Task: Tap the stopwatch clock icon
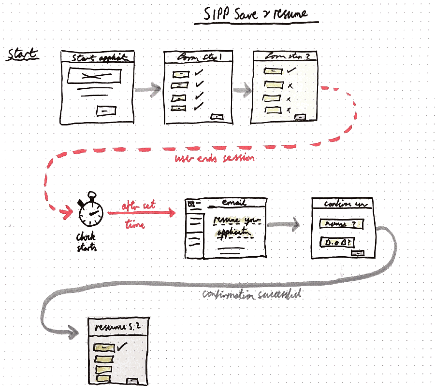[90, 213]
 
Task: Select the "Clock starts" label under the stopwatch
[87, 241]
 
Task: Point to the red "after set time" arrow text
[138, 214]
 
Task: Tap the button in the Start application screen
[107, 110]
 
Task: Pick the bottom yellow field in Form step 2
[273, 110]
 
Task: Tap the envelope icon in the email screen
[191, 204]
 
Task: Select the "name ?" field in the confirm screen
[340, 224]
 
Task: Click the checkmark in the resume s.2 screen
[122, 346]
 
